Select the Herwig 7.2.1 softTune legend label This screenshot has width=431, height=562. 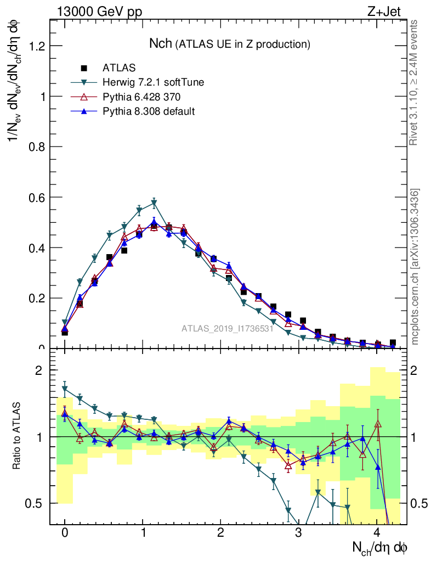point(153,83)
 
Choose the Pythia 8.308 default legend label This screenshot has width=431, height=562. point(149,111)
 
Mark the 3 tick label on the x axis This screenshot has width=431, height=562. point(298,533)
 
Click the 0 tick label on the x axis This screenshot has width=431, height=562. point(65,533)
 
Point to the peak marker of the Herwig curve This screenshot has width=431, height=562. point(154,203)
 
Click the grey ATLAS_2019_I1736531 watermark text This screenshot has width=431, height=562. point(228,329)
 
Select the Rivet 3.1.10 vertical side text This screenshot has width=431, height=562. point(415,82)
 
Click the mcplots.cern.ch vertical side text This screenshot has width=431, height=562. point(415,267)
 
